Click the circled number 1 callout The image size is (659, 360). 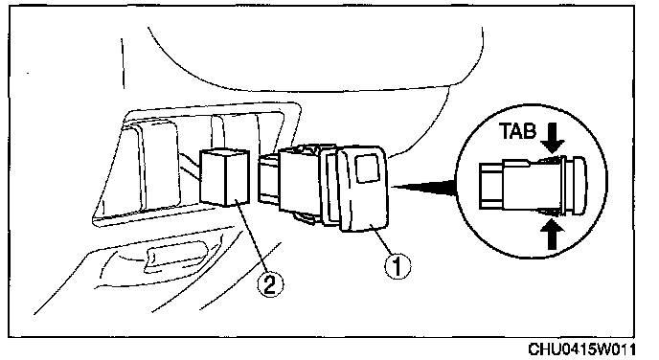[x=398, y=265]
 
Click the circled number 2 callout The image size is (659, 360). [x=270, y=285]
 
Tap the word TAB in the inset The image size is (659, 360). [x=518, y=131]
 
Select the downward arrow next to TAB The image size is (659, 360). [x=553, y=138]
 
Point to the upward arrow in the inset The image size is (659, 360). [x=553, y=234]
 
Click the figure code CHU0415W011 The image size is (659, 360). [x=581, y=349]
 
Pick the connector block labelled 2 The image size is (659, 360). [x=225, y=177]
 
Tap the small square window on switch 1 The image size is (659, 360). [x=369, y=169]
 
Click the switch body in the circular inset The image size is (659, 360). [x=533, y=185]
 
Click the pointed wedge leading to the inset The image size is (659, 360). [x=422, y=187]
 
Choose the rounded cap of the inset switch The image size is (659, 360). [x=577, y=185]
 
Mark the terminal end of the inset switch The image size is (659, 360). [x=491, y=186]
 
